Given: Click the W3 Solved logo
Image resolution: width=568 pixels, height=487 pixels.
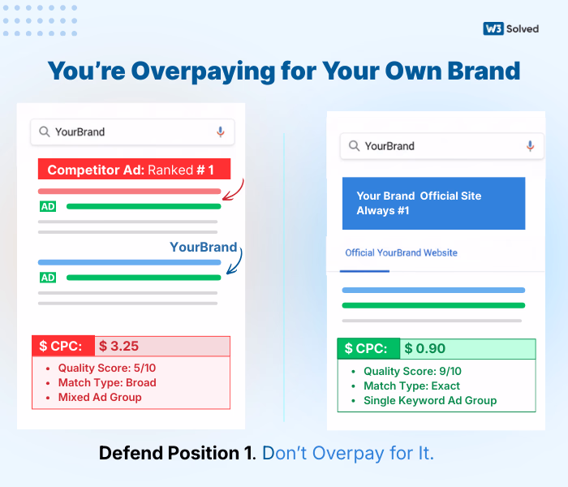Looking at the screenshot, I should [510, 28].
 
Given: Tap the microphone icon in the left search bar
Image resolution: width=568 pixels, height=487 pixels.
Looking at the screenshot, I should [220, 131].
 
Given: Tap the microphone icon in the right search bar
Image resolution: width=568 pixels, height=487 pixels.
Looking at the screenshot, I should [530, 146].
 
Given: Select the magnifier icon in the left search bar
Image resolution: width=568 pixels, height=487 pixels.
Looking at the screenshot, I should [44, 131].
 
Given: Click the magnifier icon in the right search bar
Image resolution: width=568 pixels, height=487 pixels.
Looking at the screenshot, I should [354, 146].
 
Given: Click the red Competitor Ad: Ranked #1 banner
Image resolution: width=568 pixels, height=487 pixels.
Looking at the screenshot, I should [134, 170].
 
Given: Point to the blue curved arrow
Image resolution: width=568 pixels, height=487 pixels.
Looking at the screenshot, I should [235, 262].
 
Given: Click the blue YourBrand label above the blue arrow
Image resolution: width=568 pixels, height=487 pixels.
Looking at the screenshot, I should [203, 247].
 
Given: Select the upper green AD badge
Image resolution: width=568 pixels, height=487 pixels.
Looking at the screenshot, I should [48, 206].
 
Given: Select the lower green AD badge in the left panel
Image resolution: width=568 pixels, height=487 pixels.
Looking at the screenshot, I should [48, 278].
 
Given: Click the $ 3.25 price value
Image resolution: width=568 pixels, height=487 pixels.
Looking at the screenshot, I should [118, 347].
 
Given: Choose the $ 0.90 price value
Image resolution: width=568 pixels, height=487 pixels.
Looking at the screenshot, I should [425, 349].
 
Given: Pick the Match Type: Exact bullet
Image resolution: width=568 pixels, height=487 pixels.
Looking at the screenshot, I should [411, 386].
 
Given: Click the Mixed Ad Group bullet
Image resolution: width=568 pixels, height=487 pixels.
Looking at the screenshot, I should [100, 397].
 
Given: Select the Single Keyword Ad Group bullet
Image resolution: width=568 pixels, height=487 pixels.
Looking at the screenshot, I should [430, 400].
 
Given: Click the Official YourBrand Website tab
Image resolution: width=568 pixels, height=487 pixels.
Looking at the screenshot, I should [401, 252].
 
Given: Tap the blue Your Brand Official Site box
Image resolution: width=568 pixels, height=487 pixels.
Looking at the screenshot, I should [433, 203].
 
